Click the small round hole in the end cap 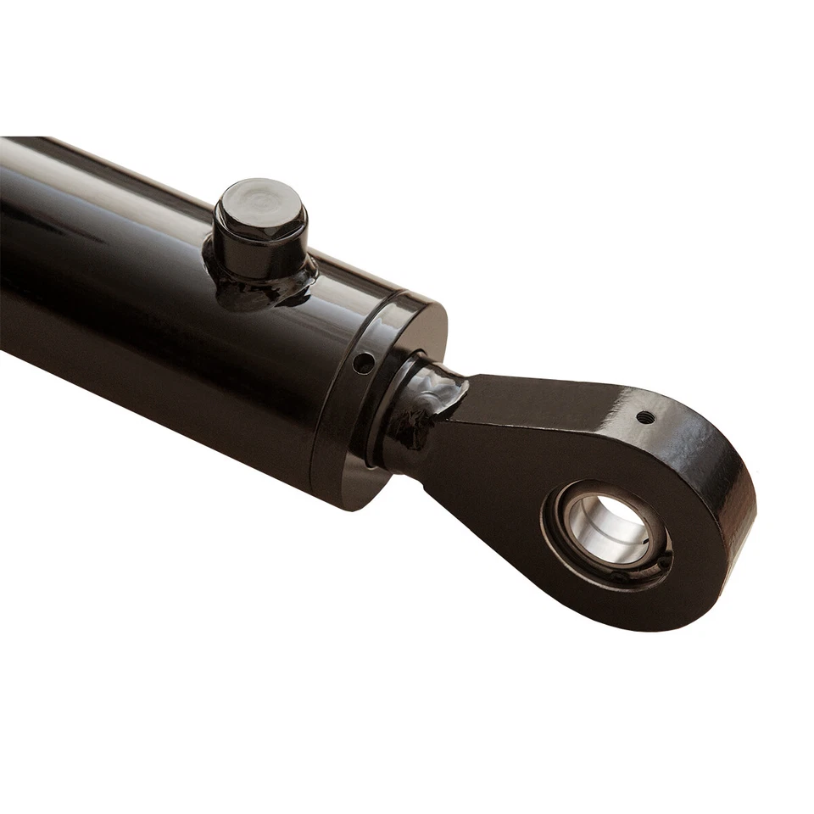click(x=363, y=363)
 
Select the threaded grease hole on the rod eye click(x=645, y=416)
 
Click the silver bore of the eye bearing click(x=594, y=530)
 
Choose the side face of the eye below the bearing click(x=610, y=602)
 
